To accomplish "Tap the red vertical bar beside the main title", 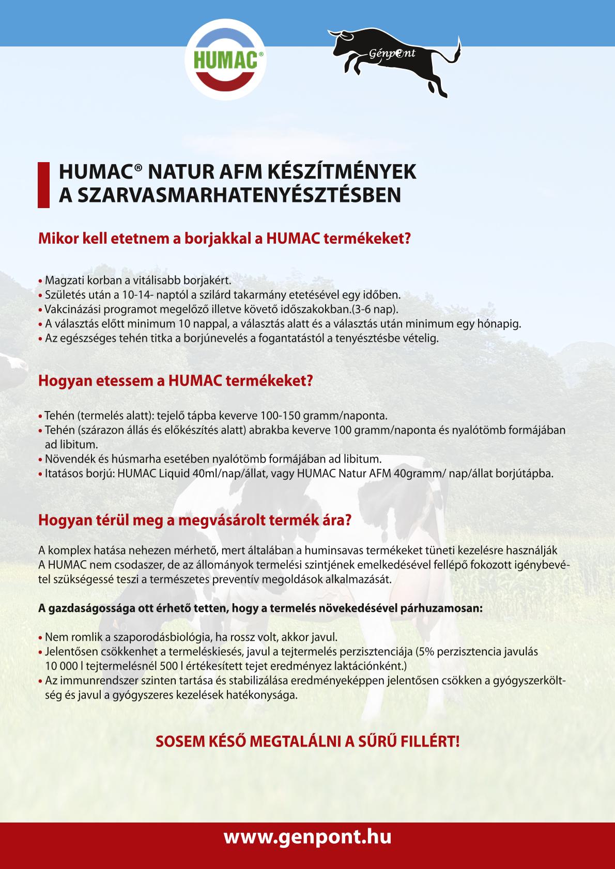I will point(43,184).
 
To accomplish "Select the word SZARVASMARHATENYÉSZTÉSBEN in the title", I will point(238,195).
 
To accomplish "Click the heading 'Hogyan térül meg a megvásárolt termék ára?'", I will point(195,520).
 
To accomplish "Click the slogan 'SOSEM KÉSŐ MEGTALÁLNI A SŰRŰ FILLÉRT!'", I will point(308,742).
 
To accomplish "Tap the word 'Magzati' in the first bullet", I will point(61,281).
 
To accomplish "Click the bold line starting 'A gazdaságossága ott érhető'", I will point(260,608).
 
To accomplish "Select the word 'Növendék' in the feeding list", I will point(65,459).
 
